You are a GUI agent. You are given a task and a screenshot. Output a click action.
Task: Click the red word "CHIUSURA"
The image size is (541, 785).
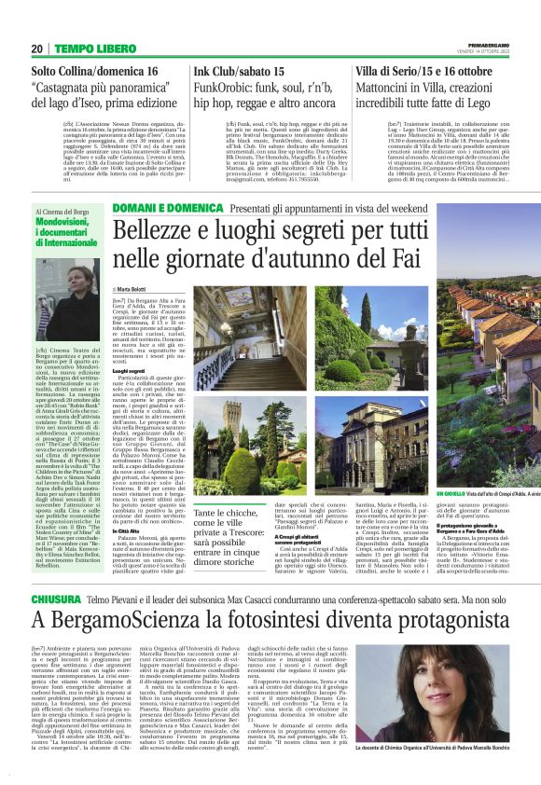tap(54, 623)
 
